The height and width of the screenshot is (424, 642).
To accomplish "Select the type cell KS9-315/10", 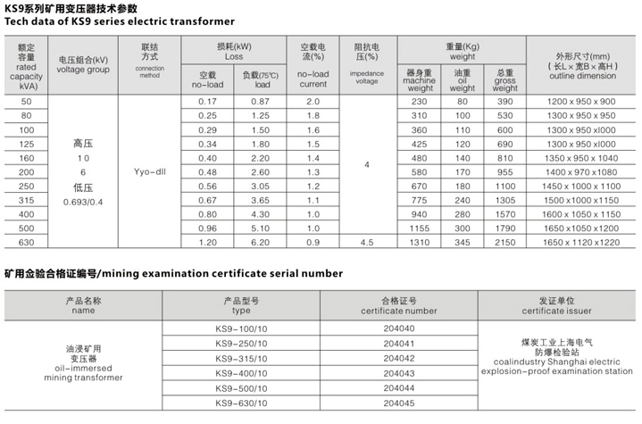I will [240, 357].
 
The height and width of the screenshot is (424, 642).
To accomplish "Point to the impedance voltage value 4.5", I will [367, 241].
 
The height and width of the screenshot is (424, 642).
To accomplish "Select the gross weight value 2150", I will [505, 241].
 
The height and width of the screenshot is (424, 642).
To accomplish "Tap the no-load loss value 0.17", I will [207, 101].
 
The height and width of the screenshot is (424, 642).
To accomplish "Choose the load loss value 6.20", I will [261, 241].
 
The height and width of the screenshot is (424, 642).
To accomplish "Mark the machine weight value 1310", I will [420, 241].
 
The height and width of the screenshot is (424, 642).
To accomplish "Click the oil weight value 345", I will [462, 241].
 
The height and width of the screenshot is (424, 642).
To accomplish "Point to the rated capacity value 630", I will [25, 241].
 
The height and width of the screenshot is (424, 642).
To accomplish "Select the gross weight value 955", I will [505, 170].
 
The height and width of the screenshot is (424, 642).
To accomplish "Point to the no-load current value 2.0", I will [313, 101].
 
